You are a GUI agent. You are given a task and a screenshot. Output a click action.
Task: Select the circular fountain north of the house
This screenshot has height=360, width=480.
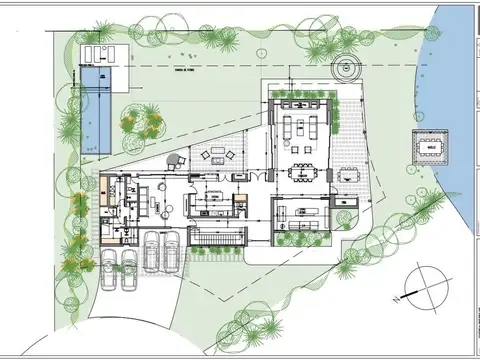[346, 69]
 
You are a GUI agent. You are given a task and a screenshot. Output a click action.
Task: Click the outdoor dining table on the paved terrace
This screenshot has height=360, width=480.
[349, 171]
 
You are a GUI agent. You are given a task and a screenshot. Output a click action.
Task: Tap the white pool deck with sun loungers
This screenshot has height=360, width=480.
[100, 52]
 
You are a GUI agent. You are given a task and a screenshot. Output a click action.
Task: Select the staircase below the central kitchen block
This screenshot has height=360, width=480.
[219, 236]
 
